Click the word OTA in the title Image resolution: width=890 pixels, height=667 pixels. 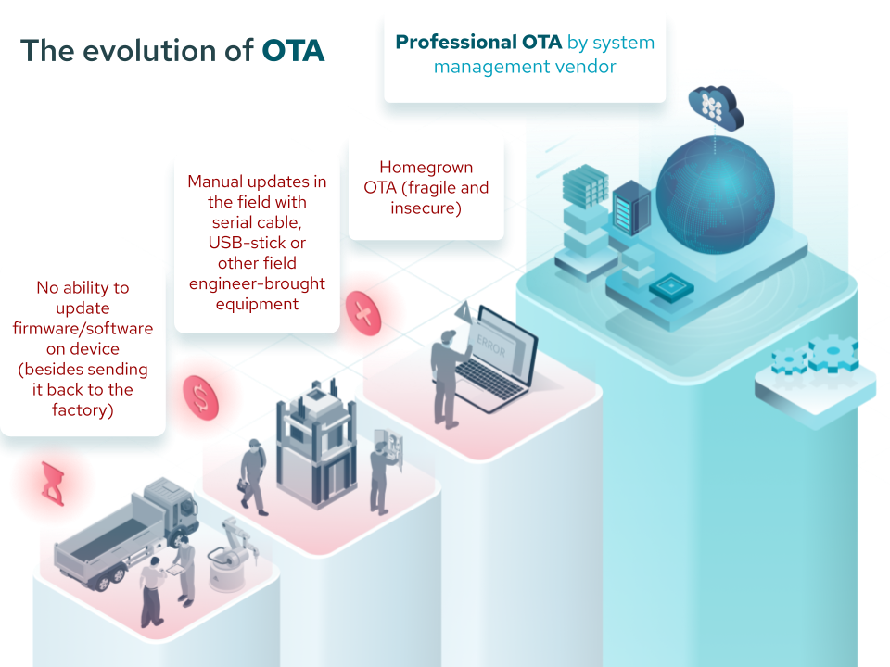click(x=293, y=50)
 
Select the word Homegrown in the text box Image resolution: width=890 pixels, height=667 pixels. click(x=426, y=168)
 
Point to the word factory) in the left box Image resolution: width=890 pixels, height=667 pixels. click(x=83, y=409)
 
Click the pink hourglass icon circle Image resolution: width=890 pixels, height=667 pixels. click(x=53, y=483)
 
